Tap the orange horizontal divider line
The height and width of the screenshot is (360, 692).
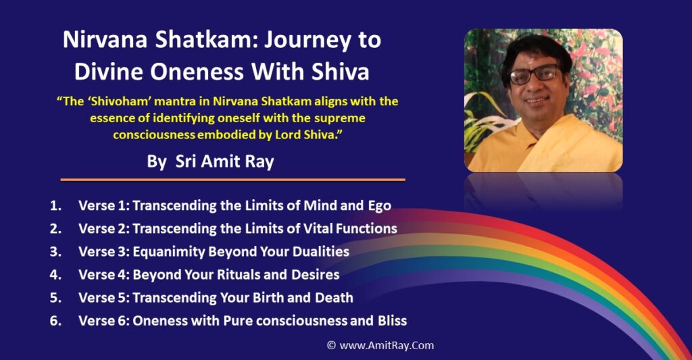click(x=232, y=180)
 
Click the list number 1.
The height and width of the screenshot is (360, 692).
click(x=54, y=205)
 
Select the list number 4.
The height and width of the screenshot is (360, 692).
click(x=55, y=275)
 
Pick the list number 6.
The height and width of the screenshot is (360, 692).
click(x=55, y=321)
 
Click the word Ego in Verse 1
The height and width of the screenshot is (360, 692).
click(x=378, y=205)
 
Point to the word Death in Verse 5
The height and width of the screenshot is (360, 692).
click(x=335, y=298)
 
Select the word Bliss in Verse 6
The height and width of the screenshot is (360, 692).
click(x=390, y=321)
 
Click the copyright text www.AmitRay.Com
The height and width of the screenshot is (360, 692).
click(x=386, y=345)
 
